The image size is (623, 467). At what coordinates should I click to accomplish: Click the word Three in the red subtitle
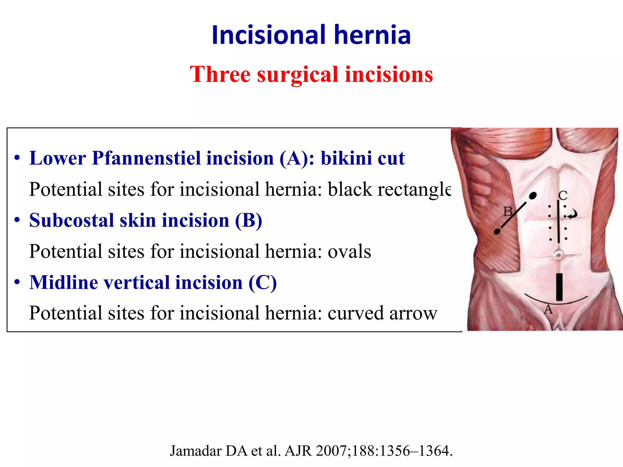click(x=220, y=74)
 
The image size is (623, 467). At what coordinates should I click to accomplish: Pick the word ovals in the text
click(x=349, y=252)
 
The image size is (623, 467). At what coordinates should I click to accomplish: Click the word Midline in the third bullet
click(x=64, y=282)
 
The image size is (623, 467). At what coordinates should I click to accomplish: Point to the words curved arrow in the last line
click(x=382, y=313)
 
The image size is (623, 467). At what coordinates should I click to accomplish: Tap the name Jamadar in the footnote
click(x=196, y=451)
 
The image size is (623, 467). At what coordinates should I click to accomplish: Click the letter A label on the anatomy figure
click(x=548, y=310)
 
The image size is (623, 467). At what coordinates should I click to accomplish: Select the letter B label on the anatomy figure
click(x=508, y=211)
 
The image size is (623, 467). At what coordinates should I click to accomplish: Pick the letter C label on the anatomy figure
click(x=563, y=195)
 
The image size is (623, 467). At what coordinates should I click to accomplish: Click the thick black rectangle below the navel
click(x=559, y=287)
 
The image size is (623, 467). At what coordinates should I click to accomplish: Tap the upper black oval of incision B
click(x=533, y=195)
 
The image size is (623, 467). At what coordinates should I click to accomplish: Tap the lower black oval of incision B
click(x=497, y=232)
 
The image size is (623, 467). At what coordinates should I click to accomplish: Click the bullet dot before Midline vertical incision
click(x=17, y=282)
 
